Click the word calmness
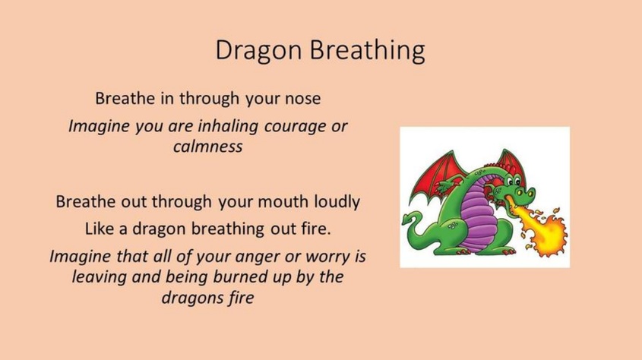point(207,146)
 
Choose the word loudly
point(337,202)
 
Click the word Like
point(100,229)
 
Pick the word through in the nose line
point(209,99)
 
